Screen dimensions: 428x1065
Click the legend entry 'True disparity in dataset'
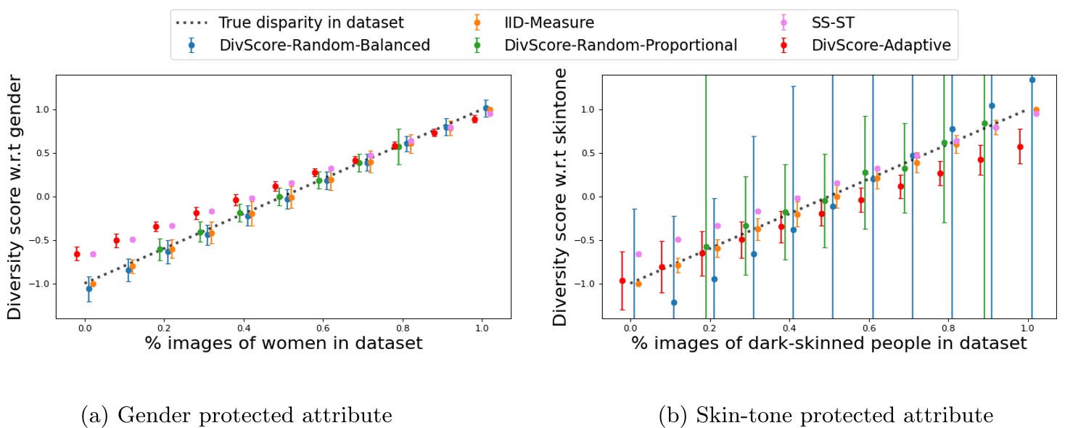coord(311,22)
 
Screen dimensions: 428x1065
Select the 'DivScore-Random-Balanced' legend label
coord(324,46)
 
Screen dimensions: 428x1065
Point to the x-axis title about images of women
coord(283,343)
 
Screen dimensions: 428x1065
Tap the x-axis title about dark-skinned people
coord(829,343)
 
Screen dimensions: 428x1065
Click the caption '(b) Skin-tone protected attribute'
coord(825,416)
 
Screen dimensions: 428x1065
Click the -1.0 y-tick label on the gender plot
coord(41,284)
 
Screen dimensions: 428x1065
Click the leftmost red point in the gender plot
coord(77,254)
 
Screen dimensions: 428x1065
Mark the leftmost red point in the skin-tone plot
coord(622,281)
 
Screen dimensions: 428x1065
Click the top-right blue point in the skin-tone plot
coord(1032,80)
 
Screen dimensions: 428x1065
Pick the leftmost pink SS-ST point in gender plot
coord(93,254)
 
